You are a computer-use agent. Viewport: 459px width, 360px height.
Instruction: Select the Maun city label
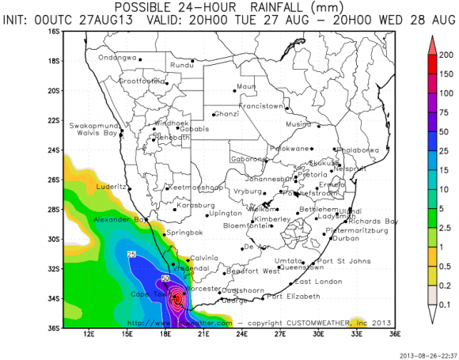point(246,85)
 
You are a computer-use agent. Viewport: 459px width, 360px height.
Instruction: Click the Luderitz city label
point(110,187)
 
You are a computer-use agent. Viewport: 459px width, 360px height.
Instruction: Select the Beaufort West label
point(252,271)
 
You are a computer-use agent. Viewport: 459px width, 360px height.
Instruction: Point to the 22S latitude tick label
point(55,119)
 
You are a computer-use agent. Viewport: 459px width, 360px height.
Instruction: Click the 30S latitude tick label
point(55,238)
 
